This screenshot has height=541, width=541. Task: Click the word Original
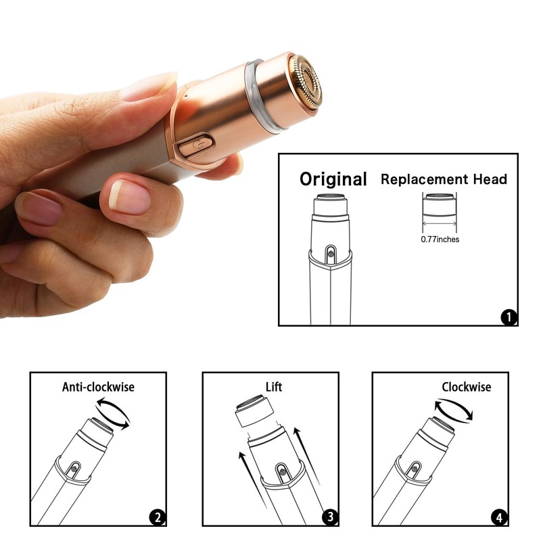(x=333, y=179)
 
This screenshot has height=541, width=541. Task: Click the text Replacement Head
(x=444, y=179)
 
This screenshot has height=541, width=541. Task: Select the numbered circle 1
(x=509, y=316)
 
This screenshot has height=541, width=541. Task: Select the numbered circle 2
(x=157, y=519)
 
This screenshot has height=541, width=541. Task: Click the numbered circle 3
(x=329, y=519)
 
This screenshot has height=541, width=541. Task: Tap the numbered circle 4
(x=499, y=519)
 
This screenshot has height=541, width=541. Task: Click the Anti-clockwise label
(x=98, y=387)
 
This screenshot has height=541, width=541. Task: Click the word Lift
(x=273, y=387)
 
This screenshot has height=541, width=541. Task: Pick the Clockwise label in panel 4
(x=466, y=387)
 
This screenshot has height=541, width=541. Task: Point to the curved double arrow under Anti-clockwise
(x=112, y=413)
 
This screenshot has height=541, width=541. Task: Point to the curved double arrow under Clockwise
(x=454, y=410)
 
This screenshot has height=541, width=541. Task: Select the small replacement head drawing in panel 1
(x=440, y=206)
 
